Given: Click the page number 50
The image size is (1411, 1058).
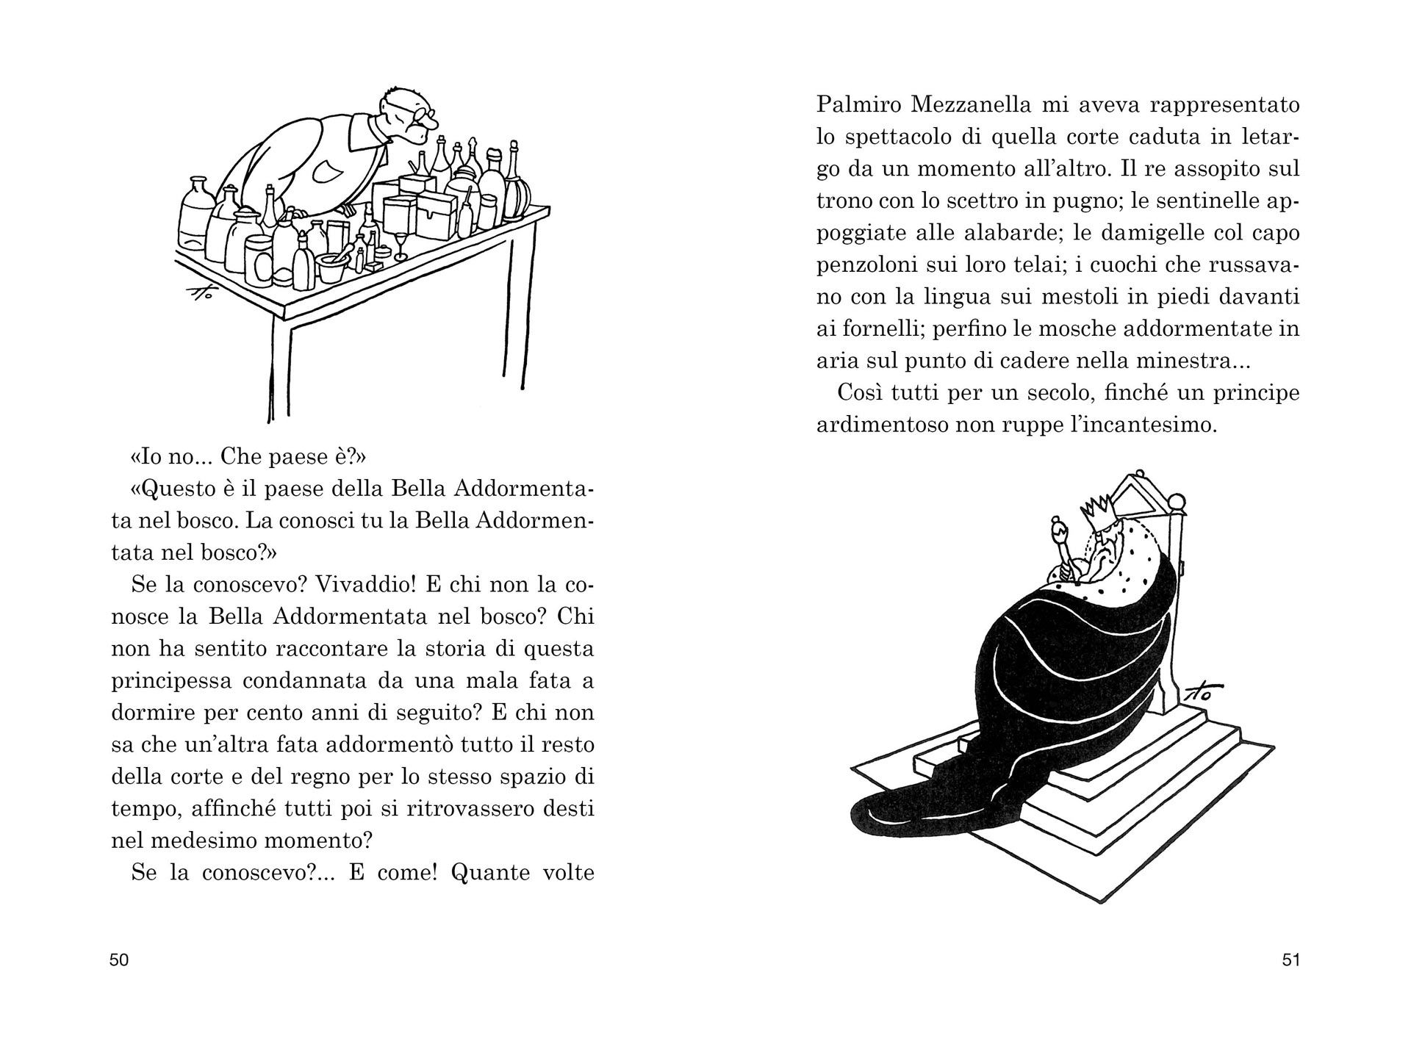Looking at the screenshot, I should [x=119, y=960].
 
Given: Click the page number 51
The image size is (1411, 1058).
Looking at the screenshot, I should [x=1291, y=960].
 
